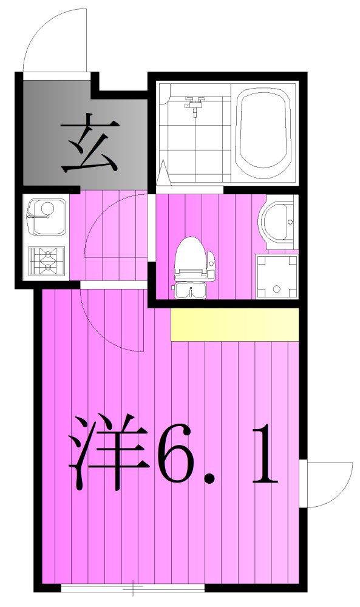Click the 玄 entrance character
[89, 145]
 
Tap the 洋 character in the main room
[109, 452]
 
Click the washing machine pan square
[277, 277]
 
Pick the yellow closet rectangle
[235, 324]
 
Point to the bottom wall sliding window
[133, 588]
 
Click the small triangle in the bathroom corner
[163, 173]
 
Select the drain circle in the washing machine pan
[277, 289]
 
